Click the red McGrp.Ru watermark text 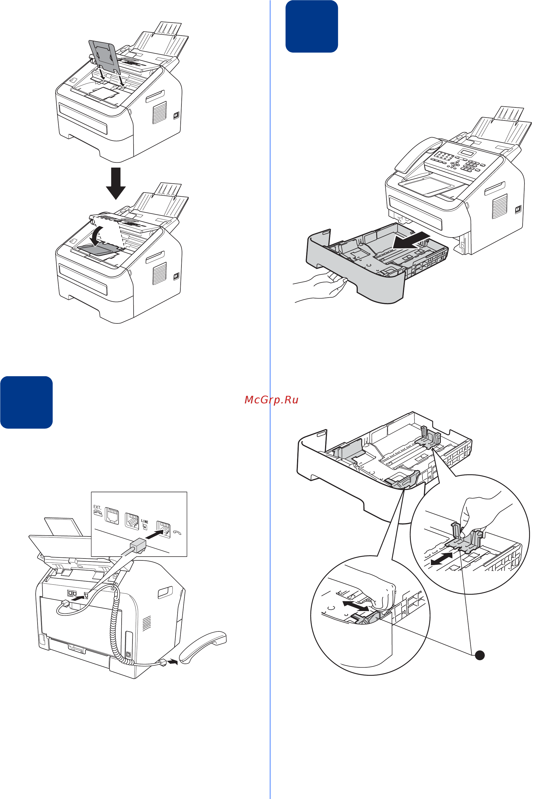click(x=271, y=400)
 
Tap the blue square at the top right click(x=311, y=26)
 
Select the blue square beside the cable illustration click(x=26, y=402)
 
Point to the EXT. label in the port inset click(x=97, y=507)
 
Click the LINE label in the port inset click(x=145, y=521)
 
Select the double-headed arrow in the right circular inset click(x=442, y=559)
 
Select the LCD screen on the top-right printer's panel click(x=468, y=153)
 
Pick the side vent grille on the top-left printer click(x=159, y=113)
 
